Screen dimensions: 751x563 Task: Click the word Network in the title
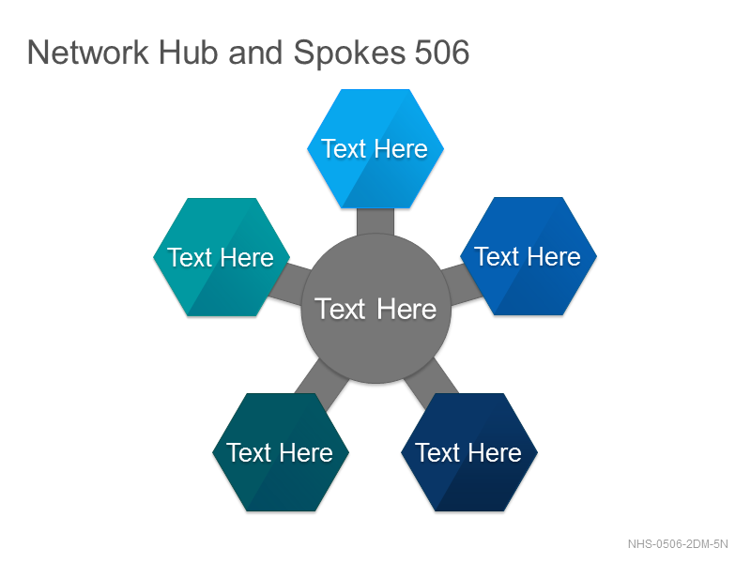[88, 53]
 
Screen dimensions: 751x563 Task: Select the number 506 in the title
[441, 53]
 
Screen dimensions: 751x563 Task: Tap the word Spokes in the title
[349, 53]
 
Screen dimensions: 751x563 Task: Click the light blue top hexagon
[375, 148]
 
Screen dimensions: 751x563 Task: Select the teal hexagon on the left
[222, 257]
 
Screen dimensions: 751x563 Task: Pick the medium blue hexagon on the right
[529, 256]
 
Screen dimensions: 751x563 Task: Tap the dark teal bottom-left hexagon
[281, 452]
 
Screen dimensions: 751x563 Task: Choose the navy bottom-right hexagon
[469, 452]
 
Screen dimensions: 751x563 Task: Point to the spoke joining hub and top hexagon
[375, 221]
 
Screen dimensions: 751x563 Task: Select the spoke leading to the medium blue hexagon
[462, 285]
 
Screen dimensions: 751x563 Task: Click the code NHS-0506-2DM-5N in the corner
[678, 544]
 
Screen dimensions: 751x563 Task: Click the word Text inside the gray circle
[340, 309]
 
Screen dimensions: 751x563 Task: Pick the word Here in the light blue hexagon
[401, 149]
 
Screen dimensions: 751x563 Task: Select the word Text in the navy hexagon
[437, 453]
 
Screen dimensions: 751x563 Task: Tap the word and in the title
[255, 53]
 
